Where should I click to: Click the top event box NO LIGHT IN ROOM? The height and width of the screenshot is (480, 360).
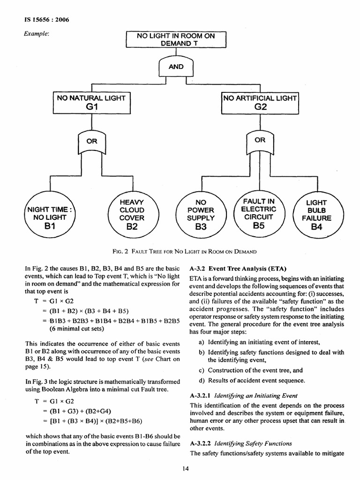tap(176, 39)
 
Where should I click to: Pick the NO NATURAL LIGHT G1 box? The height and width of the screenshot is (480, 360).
tap(91, 103)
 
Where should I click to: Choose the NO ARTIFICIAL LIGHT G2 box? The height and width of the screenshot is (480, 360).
tap(260, 102)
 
